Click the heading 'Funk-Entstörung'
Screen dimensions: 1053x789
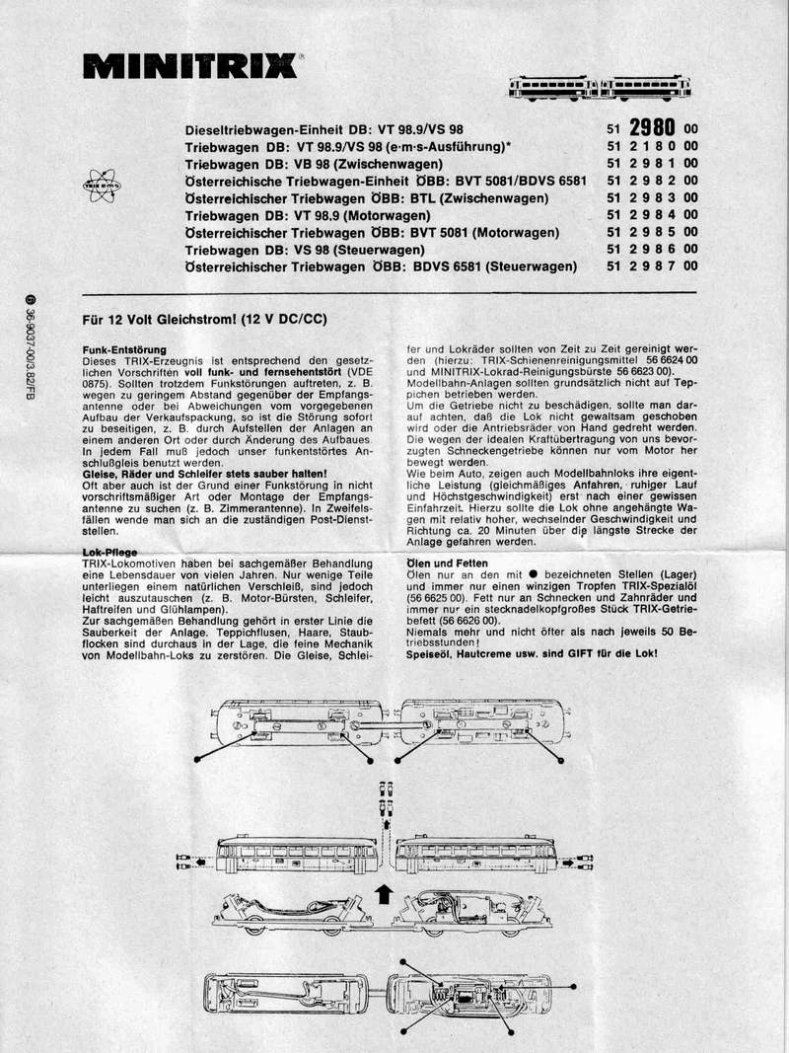click(x=124, y=350)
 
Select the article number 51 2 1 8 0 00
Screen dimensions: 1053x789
click(x=652, y=147)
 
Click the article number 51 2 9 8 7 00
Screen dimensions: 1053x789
click(x=652, y=266)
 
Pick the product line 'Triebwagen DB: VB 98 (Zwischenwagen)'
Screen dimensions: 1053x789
click(x=314, y=164)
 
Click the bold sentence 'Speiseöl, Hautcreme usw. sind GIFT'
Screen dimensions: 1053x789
click(x=533, y=653)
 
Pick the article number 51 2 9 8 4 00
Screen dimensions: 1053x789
click(x=652, y=215)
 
